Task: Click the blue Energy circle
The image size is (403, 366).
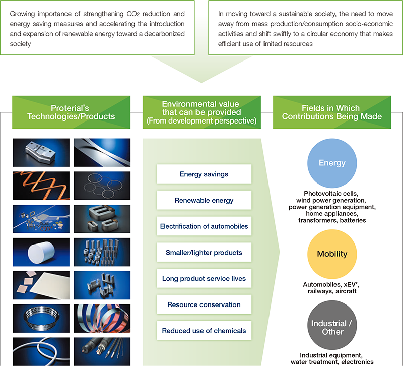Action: click(x=332, y=163)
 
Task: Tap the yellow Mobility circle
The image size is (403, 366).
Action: click(x=332, y=254)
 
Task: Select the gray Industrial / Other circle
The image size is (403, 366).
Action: click(x=332, y=325)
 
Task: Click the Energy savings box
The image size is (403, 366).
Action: click(x=204, y=174)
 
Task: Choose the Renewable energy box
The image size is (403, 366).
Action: click(x=204, y=200)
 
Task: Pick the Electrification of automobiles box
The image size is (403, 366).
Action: click(x=204, y=226)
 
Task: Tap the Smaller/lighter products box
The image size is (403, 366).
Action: click(x=204, y=252)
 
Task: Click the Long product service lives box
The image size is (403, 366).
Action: click(x=204, y=278)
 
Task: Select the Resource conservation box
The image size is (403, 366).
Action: click(x=204, y=304)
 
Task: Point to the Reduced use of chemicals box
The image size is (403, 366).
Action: click(x=204, y=331)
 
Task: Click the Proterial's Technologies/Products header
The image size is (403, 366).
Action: click(x=71, y=112)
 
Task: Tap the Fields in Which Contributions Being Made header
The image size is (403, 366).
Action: click(x=332, y=112)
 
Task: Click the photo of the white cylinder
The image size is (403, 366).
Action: click(x=41, y=252)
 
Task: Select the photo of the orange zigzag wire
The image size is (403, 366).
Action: click(x=41, y=186)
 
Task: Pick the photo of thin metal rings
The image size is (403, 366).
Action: click(x=102, y=186)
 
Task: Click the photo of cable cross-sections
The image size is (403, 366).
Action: click(x=102, y=351)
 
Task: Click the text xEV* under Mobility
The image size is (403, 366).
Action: click(x=352, y=284)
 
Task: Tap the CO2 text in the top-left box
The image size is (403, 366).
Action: click(x=133, y=14)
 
